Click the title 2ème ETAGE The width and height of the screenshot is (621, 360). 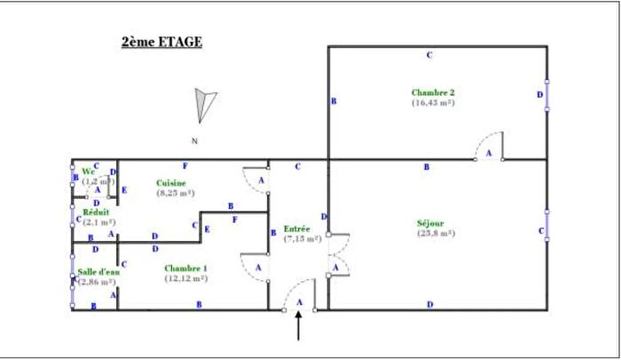(x=162, y=41)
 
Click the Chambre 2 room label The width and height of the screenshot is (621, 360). (x=432, y=91)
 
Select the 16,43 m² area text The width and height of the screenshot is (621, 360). (x=432, y=102)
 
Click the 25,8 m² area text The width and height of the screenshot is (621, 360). (x=435, y=233)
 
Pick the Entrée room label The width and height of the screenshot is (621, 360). (x=296, y=229)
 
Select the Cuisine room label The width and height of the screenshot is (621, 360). (x=171, y=183)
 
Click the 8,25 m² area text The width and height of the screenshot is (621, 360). (x=175, y=192)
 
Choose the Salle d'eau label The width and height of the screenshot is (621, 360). (x=98, y=271)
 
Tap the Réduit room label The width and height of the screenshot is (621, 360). (x=96, y=212)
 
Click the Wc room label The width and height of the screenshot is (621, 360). (x=89, y=171)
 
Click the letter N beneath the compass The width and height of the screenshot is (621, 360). (x=193, y=140)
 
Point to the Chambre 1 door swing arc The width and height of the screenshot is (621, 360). (x=255, y=266)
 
